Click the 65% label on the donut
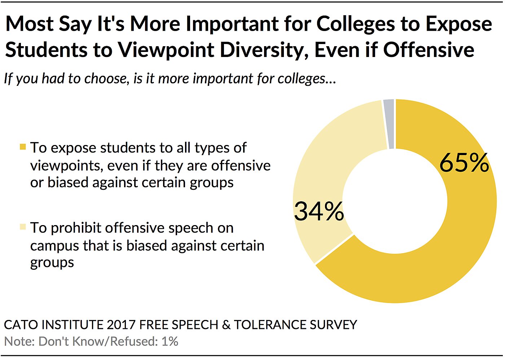pos(464,163)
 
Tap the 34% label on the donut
pos(319,211)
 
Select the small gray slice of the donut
pos(389,124)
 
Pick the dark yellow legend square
pos(23,147)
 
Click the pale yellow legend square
pos(23,227)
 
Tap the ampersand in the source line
pos(226,325)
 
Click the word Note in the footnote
pos(18,341)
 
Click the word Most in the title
pos(30,24)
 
